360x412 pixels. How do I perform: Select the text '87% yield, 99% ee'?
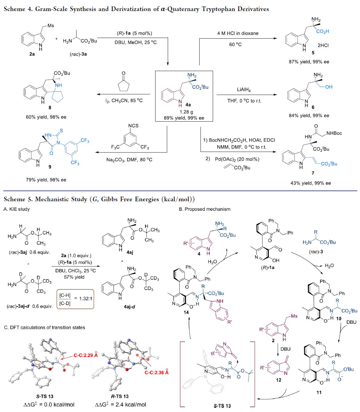(x=309, y=62)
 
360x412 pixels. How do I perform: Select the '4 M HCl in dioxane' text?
(x=238, y=33)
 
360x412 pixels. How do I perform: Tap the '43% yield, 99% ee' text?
(x=310, y=183)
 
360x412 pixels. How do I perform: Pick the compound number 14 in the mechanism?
(x=186, y=312)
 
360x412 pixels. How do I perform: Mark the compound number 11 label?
(x=319, y=392)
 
